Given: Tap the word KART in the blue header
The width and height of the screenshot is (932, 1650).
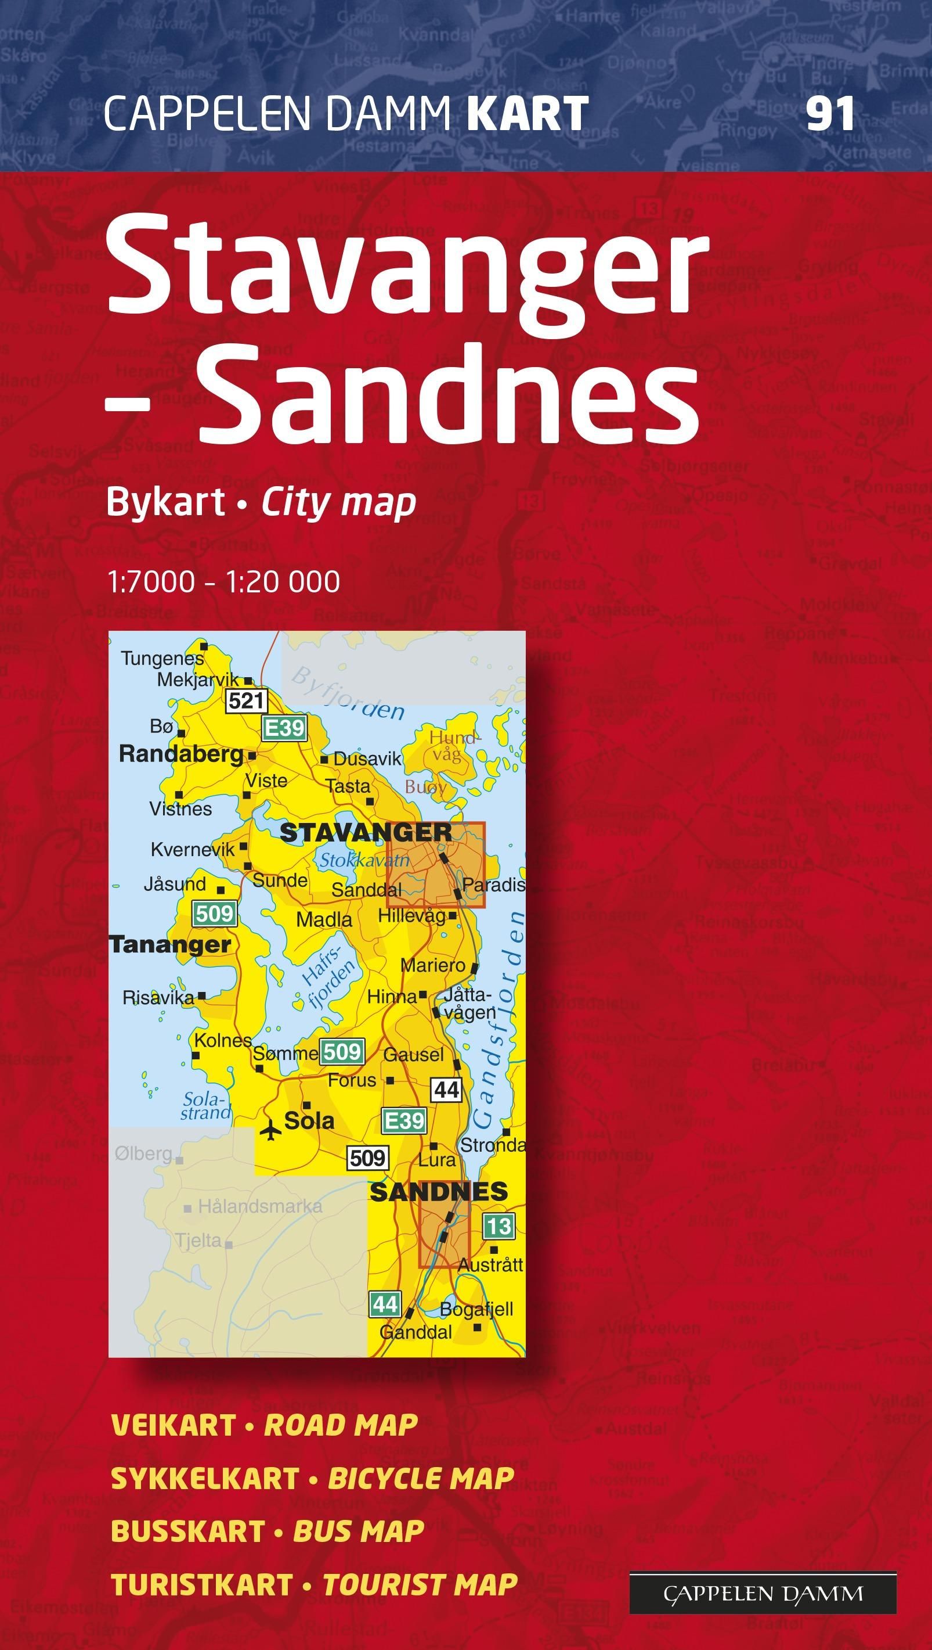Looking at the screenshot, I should click(528, 114).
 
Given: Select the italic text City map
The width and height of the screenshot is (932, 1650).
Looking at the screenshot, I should click(338, 503).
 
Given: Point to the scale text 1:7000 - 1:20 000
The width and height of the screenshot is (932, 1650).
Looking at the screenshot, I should click(224, 581).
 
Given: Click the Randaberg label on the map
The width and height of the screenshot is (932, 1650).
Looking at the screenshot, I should click(182, 754).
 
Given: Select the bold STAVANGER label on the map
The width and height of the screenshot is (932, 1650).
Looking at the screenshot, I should click(366, 833).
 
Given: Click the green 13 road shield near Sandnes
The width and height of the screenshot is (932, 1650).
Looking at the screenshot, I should click(498, 1227).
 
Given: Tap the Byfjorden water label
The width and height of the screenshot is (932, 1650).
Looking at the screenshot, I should click(348, 693).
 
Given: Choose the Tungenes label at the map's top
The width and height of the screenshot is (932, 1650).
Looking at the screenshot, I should click(162, 658).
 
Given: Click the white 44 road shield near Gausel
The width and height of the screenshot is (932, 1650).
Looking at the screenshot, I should click(446, 1089).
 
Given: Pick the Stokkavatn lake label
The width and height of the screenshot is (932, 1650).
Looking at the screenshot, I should click(364, 860).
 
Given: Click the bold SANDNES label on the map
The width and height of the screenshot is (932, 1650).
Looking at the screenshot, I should click(439, 1192).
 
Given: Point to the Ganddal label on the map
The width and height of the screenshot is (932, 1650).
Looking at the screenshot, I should click(416, 1332).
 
